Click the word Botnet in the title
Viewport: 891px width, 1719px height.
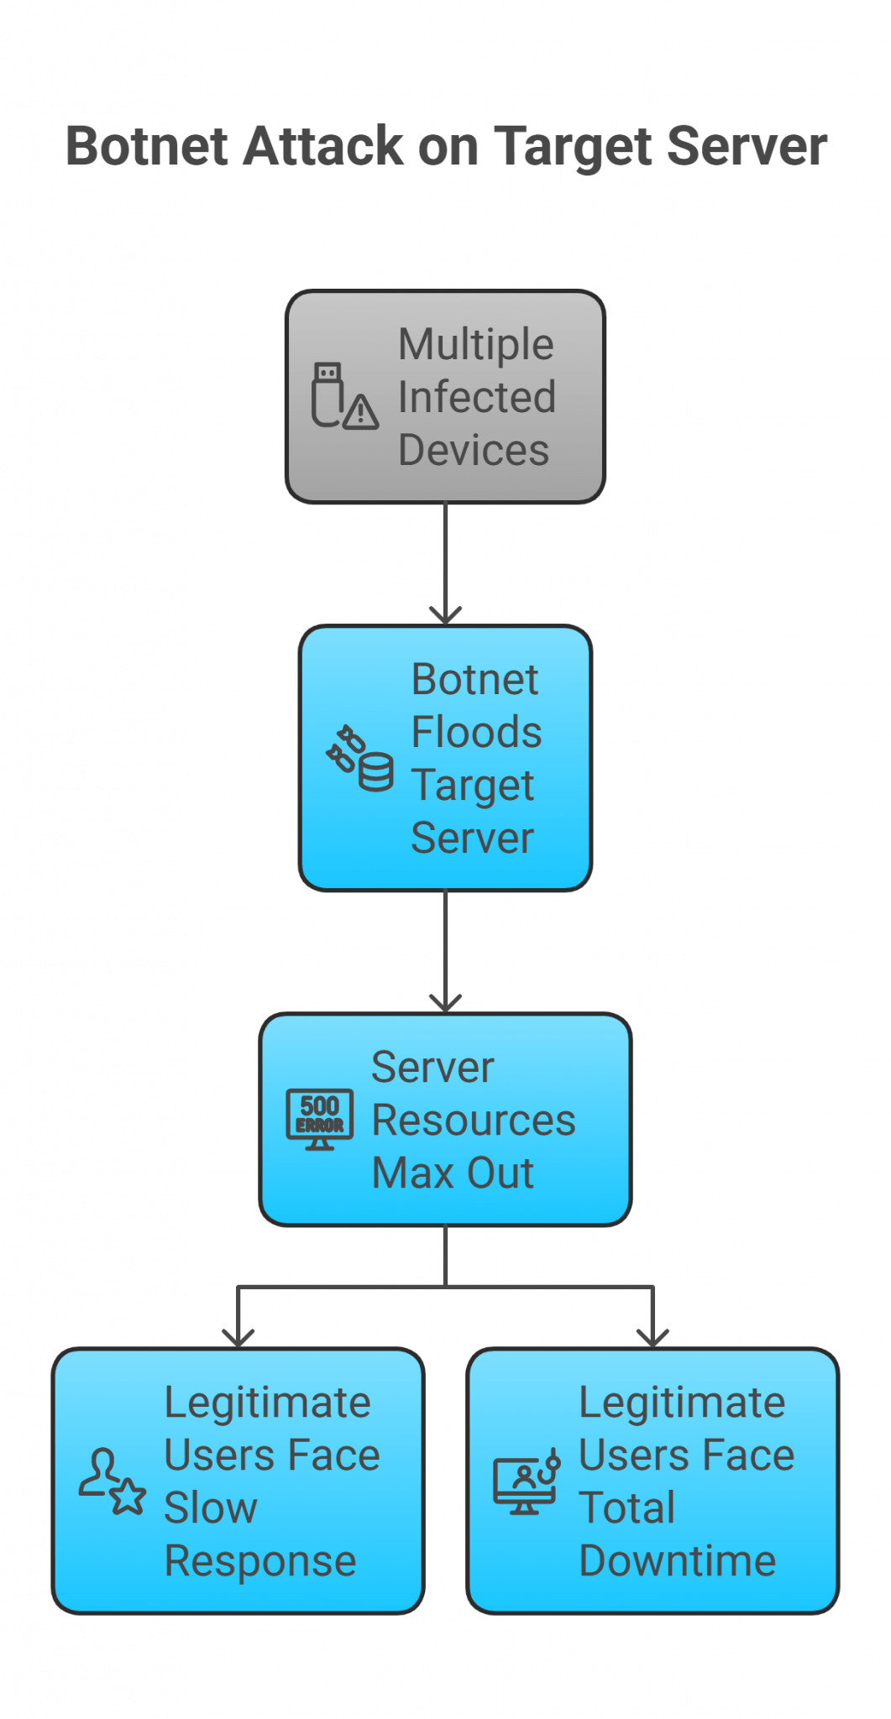[x=149, y=147]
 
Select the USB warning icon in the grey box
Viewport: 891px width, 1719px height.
[x=343, y=396]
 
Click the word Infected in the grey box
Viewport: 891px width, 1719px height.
[x=476, y=397]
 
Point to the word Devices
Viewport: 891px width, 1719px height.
[x=474, y=450]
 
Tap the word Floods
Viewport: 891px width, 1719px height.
[x=476, y=732]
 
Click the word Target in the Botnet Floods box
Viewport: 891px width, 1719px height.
[x=472, y=786]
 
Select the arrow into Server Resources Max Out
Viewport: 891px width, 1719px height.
[x=445, y=952]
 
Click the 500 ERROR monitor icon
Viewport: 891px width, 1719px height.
[x=320, y=1119]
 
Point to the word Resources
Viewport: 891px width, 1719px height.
[x=474, y=1121]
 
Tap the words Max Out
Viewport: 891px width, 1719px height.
[x=453, y=1173]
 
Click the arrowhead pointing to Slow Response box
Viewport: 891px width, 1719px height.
[x=238, y=1337]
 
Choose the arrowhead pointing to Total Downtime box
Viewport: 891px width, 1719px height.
[x=653, y=1337]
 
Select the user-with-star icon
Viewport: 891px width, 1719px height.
[x=112, y=1481]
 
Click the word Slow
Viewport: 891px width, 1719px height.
[x=211, y=1508]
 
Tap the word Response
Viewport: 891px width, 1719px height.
[x=260, y=1561]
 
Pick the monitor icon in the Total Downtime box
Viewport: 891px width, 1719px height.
[x=526, y=1481]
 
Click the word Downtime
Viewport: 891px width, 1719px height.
[x=678, y=1561]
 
